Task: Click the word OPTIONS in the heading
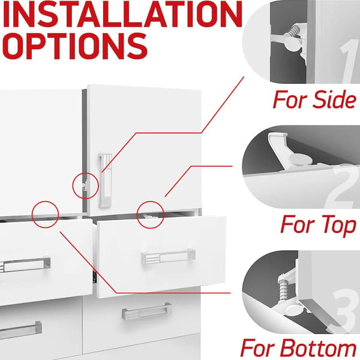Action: click(x=75, y=46)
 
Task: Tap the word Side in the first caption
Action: click(x=335, y=99)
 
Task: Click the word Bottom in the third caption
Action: click(x=319, y=348)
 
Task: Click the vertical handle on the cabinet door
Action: click(x=106, y=181)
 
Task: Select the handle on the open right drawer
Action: click(x=168, y=256)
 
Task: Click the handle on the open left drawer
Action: click(x=25, y=265)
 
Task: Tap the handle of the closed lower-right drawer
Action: click(x=146, y=311)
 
